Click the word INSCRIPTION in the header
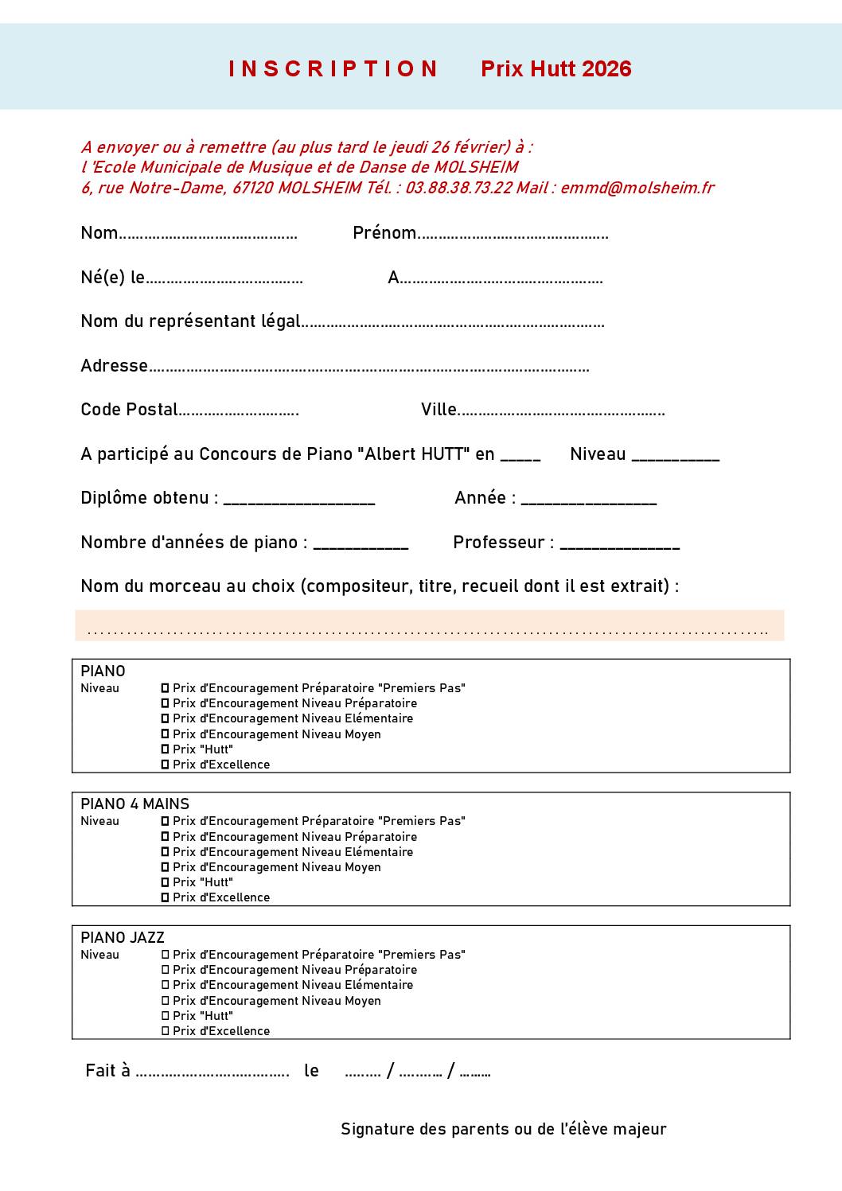point(333,69)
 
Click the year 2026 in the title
point(606,69)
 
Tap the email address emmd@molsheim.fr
point(637,188)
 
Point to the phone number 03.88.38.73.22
point(458,188)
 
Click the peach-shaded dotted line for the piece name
point(428,632)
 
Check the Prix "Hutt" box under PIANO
point(166,749)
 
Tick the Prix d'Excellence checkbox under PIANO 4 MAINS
point(166,897)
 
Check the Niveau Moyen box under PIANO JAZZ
point(166,1001)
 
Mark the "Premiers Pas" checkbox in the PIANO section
point(166,688)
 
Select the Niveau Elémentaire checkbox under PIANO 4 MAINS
point(166,852)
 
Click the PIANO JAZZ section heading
point(123,938)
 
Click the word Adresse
point(114,366)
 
